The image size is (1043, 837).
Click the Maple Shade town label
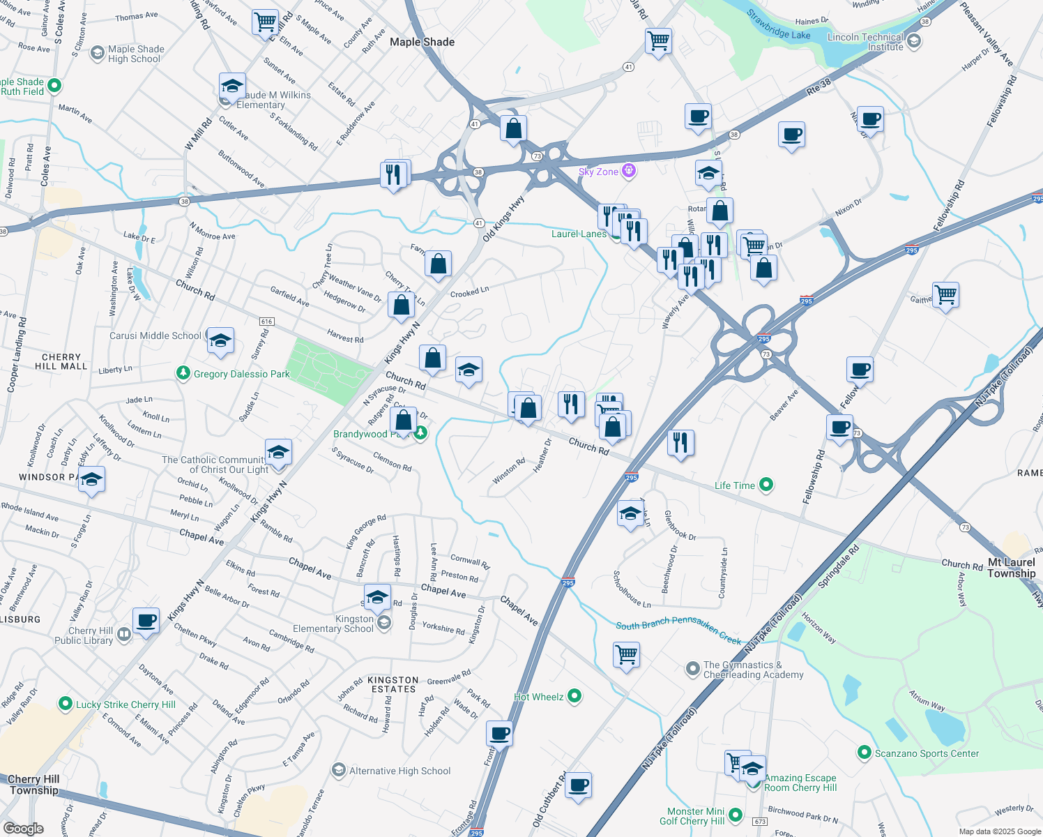pos(422,42)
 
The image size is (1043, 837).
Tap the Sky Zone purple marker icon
pos(629,170)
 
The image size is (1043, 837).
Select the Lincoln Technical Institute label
pos(865,42)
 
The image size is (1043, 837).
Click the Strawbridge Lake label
pos(778,24)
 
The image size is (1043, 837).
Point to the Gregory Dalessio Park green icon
pos(183,374)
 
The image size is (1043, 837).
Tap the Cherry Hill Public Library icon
pos(123,634)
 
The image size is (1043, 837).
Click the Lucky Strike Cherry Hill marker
pos(66,704)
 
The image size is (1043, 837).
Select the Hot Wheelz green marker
pos(574,696)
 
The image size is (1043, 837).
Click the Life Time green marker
pos(766,484)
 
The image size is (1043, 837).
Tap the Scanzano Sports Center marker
pos(864,753)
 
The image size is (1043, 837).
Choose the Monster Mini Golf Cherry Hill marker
pos(735,815)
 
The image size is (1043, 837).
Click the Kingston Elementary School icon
pos(383,622)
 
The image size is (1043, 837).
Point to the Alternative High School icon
pos(339,770)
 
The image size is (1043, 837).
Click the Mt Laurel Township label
pos(1011,567)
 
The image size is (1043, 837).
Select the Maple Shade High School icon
pos(98,54)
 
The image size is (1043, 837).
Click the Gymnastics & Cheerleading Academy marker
pos(692,669)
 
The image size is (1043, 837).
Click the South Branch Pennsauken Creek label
pos(678,630)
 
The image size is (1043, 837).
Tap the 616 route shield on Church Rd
pos(266,322)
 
